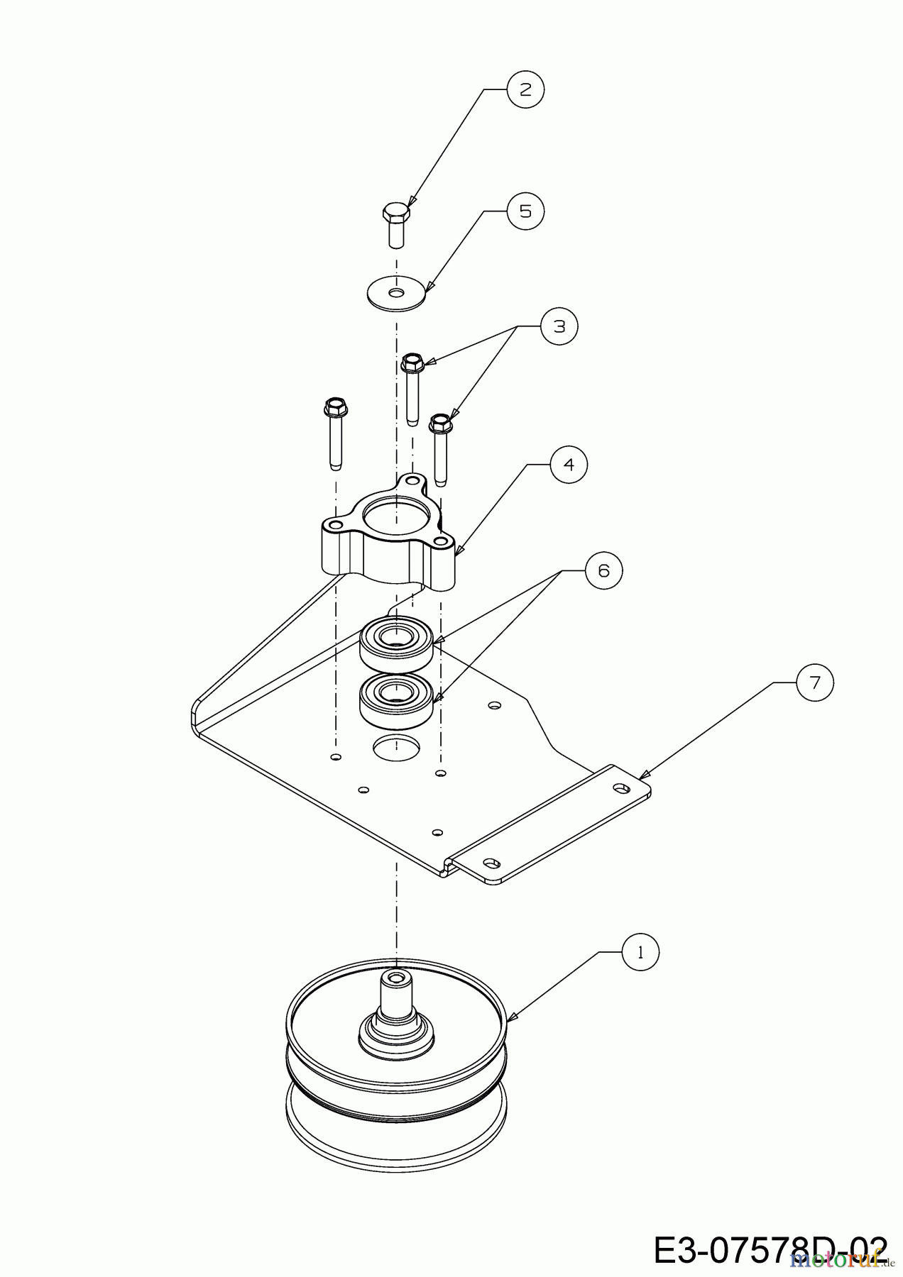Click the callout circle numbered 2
pyautogui.click(x=525, y=89)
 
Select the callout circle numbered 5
pyautogui.click(x=525, y=211)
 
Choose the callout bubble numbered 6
pyautogui.click(x=603, y=570)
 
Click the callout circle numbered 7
pyautogui.click(x=814, y=682)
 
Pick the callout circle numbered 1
pyautogui.click(x=640, y=953)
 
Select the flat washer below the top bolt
pyautogui.click(x=396, y=292)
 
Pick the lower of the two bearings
pyautogui.click(x=396, y=700)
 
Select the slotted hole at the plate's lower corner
pyautogui.click(x=489, y=862)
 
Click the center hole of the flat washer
pyautogui.click(x=396, y=292)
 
